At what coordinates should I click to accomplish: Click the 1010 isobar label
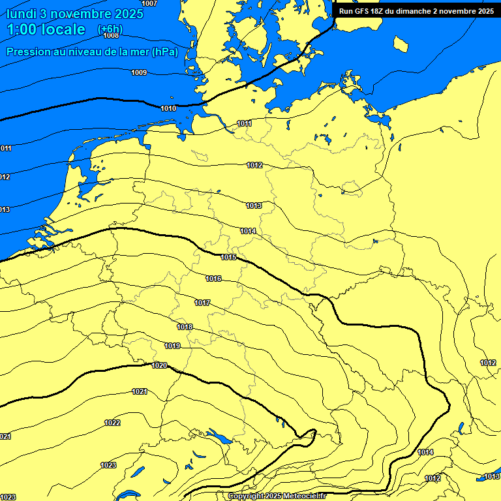point(168,108)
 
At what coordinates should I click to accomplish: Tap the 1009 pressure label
point(139,72)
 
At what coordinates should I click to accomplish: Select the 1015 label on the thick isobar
point(228,257)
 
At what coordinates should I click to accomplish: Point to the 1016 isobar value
point(213,279)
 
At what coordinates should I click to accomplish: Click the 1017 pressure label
point(202,303)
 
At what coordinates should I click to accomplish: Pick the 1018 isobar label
point(185,327)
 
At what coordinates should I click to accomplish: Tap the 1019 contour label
point(172,346)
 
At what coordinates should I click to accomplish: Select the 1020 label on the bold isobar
point(159,365)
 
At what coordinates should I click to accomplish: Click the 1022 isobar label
point(112,423)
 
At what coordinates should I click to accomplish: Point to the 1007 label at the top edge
point(149,3)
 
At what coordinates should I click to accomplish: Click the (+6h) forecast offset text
point(109,29)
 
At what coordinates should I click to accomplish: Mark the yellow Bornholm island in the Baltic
point(401,44)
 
